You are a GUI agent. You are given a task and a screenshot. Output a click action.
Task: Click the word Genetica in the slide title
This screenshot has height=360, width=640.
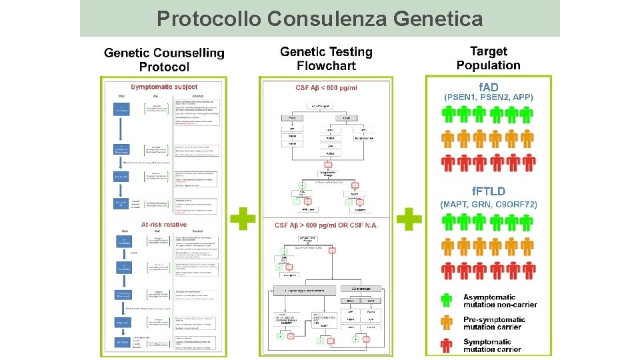pos(438,19)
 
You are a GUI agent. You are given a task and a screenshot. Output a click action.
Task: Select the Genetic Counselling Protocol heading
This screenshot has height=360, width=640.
pos(164,59)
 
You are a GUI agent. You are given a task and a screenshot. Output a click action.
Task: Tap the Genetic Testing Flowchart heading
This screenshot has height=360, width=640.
pos(326,59)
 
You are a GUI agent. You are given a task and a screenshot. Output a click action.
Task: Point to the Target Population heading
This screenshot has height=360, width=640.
pos(488,58)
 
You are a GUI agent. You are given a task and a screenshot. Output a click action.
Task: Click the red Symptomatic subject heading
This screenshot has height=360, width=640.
pos(164,87)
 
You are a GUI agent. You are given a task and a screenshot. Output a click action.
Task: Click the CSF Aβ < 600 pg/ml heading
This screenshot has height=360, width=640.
pos(326,88)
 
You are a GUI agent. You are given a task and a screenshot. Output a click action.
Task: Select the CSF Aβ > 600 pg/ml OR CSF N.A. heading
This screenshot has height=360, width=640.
pos(326,225)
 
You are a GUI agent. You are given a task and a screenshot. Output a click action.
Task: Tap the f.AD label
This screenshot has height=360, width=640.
pos(489,87)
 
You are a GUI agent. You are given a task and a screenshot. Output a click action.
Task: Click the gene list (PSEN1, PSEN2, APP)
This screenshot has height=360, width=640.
pos(489,97)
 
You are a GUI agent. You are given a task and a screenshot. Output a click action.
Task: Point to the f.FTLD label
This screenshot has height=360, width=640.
pos(489,192)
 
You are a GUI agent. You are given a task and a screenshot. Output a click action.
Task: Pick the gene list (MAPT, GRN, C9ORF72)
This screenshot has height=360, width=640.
pos(489,204)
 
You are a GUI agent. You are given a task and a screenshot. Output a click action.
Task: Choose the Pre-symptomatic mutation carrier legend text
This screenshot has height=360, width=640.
pos(495,323)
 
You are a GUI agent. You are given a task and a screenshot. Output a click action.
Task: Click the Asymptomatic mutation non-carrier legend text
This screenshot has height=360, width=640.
pos(500,301)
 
